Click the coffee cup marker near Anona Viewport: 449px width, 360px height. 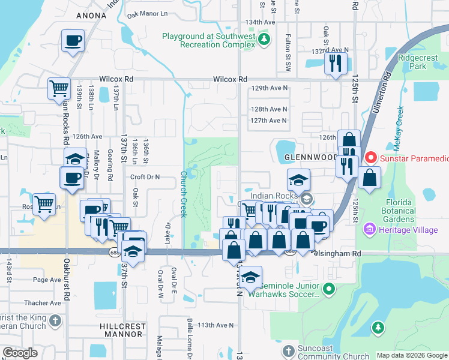pos(73,41)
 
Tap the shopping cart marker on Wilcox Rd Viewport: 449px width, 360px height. pos(59,88)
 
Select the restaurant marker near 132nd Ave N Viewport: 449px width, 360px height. pos(336,64)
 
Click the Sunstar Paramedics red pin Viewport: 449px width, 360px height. pos(371,158)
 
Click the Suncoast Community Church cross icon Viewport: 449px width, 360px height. pos(288,350)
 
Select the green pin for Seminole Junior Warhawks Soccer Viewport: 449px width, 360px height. pos(328,290)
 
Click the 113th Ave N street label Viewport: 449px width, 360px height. pos(215,325)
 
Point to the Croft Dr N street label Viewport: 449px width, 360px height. pos(145,177)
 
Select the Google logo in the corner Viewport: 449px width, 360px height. pos(20,353)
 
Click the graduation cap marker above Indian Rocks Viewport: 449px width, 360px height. pos(298,180)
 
